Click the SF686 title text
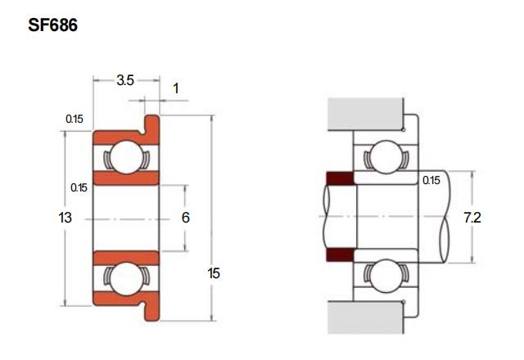[x=52, y=25]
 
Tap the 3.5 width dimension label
[x=125, y=80]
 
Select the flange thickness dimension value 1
[x=176, y=88]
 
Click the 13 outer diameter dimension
[x=65, y=218]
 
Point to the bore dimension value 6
[x=186, y=218]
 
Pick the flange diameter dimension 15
[x=214, y=273]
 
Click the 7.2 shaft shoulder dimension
[x=472, y=218]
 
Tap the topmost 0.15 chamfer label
[x=75, y=119]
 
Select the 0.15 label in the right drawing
[x=431, y=180]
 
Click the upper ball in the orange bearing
[x=127, y=157]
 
